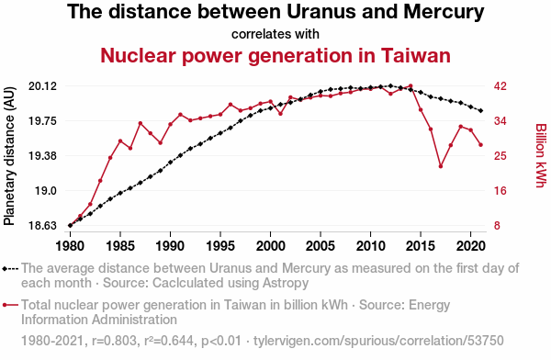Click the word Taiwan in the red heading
click(415, 55)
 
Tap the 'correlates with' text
click(275, 34)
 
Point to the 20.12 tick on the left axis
click(42, 86)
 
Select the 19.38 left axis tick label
click(42, 156)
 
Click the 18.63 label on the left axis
click(42, 225)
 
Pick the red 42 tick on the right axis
click(500, 86)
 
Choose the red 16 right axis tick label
click(500, 191)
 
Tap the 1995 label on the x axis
click(220, 246)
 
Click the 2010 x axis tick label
click(370, 246)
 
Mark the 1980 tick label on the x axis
click(70, 246)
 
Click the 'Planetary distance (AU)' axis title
click(9, 156)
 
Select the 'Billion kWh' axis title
click(541, 156)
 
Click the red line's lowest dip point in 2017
click(441, 166)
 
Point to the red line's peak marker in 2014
click(410, 85)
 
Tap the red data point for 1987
click(141, 123)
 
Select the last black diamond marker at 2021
click(480, 111)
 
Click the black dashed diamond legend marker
click(10, 269)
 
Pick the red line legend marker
click(10, 305)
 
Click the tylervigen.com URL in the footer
click(378, 341)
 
